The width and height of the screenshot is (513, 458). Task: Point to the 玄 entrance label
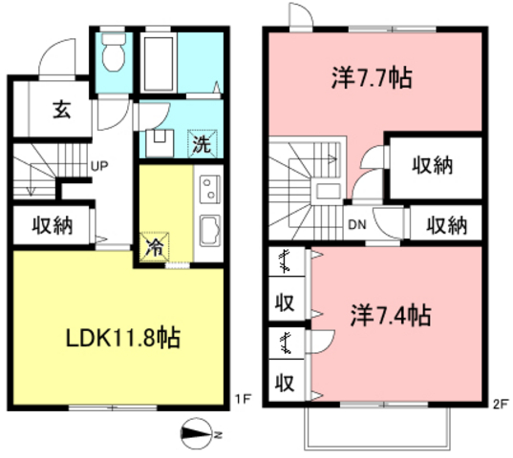point(60,111)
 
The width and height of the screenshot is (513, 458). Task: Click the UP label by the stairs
point(98,164)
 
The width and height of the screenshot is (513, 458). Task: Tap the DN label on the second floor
point(356,225)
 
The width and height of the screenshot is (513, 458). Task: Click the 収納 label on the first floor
point(52,225)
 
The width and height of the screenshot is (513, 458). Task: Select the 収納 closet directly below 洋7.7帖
point(432,165)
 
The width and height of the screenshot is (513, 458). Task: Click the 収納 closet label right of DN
point(445,225)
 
